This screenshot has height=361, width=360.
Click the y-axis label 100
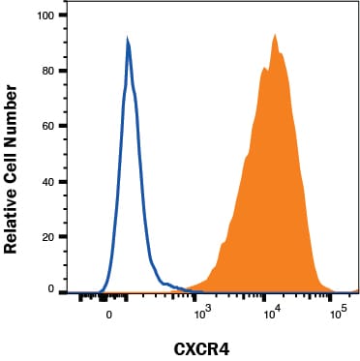pyautogui.click(x=45, y=15)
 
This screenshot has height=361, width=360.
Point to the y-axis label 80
pyautogui.click(x=48, y=71)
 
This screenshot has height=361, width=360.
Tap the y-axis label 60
pyautogui.click(x=48, y=126)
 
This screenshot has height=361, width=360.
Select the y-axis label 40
pyautogui.click(x=48, y=181)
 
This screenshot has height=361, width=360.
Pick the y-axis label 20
pyautogui.click(x=48, y=236)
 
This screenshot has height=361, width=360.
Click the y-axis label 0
pyautogui.click(x=51, y=289)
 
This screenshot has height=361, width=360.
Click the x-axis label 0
pyautogui.click(x=109, y=314)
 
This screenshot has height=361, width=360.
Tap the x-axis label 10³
pyautogui.click(x=202, y=313)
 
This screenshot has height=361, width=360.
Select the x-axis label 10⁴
pyautogui.click(x=273, y=313)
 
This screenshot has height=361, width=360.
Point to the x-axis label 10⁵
pyautogui.click(x=338, y=313)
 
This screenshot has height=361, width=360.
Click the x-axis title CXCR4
pyautogui.click(x=202, y=349)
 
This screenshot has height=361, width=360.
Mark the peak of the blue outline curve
pyautogui.click(x=128, y=39)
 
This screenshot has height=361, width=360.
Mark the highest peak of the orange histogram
pyautogui.click(x=275, y=34)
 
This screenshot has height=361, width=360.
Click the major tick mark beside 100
pyautogui.click(x=63, y=15)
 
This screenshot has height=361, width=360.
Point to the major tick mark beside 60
pyautogui.click(x=63, y=126)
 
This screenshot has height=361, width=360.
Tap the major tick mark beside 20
pyautogui.click(x=63, y=236)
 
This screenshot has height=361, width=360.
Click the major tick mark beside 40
pyautogui.click(x=63, y=181)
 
